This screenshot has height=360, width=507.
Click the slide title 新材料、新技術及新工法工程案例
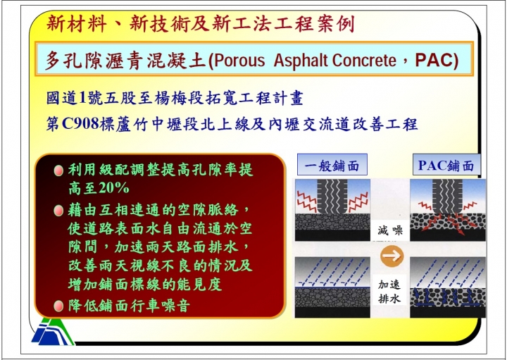[201, 24]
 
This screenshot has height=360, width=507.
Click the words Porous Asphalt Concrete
[304, 60]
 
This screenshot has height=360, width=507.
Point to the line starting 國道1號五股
[175, 99]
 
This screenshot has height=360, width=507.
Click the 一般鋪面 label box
[332, 165]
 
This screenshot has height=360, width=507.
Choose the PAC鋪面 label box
[446, 165]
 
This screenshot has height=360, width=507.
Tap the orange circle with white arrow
[392, 256]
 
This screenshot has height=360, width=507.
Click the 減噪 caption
[390, 230]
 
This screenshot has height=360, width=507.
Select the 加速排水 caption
[389, 291]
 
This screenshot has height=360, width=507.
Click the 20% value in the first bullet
[114, 187]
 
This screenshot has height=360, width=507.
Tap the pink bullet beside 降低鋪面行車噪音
[58, 305]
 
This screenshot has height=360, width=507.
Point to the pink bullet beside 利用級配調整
[58, 170]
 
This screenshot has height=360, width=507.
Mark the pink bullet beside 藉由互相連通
[58, 211]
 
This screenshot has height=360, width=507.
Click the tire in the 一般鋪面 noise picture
[332, 197]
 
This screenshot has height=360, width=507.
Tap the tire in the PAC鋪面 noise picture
[447, 197]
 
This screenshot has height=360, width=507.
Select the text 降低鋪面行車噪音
[129, 306]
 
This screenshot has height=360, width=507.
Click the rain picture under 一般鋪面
[332, 287]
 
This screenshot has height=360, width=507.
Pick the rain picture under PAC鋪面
[448, 287]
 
